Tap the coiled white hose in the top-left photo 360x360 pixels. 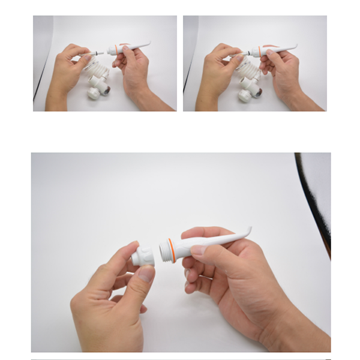coord(95,75)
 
